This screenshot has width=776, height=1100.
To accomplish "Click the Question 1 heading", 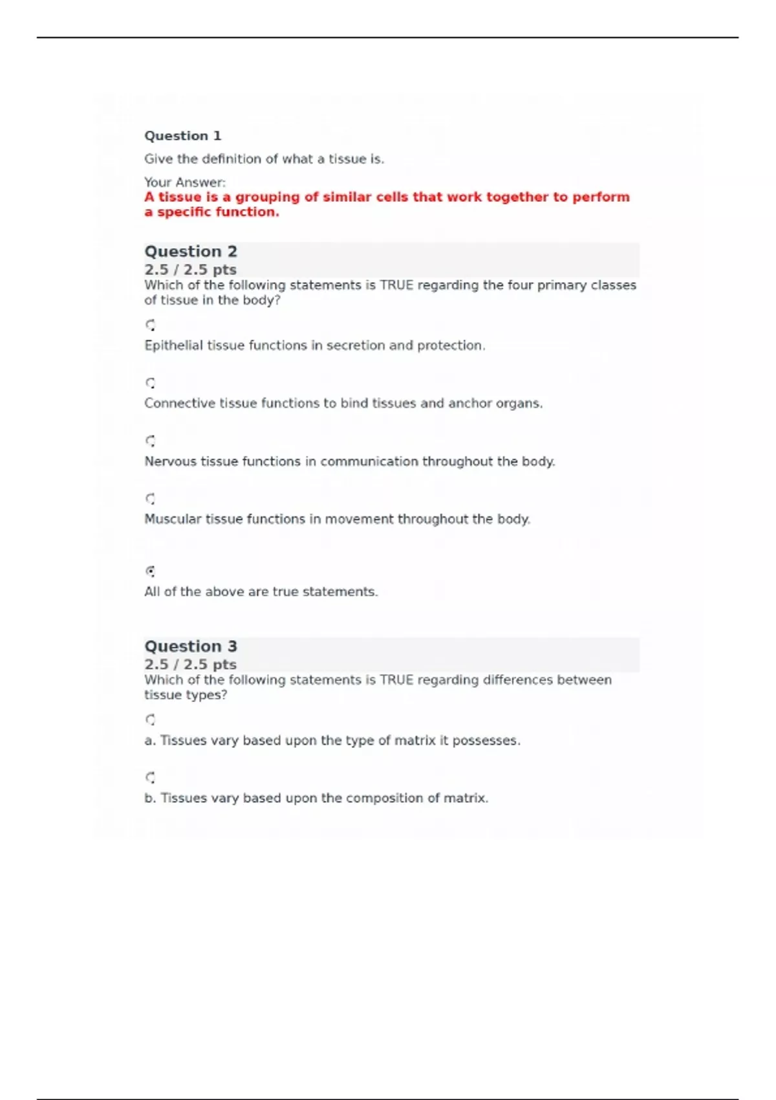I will [182, 136].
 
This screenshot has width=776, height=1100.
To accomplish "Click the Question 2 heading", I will [191, 251].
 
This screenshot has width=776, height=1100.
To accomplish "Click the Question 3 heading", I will [191, 646].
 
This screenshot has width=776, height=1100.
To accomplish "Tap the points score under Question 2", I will [190, 269].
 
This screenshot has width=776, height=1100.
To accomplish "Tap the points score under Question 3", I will [190, 664].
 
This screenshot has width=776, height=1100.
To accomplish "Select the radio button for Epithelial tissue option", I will [150, 325].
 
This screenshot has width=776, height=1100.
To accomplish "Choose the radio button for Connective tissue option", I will [150, 383].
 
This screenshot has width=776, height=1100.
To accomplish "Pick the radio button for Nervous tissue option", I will [150, 441].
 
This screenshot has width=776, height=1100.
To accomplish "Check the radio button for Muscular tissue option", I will [150, 499].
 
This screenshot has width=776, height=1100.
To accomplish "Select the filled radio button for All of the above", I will [150, 571].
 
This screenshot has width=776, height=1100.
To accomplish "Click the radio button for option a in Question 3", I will [150, 720].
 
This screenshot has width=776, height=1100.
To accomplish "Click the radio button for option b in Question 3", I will [150, 777].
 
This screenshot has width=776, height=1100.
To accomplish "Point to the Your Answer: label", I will [185, 182].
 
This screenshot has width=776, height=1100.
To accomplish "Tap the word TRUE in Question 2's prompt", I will [396, 285].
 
